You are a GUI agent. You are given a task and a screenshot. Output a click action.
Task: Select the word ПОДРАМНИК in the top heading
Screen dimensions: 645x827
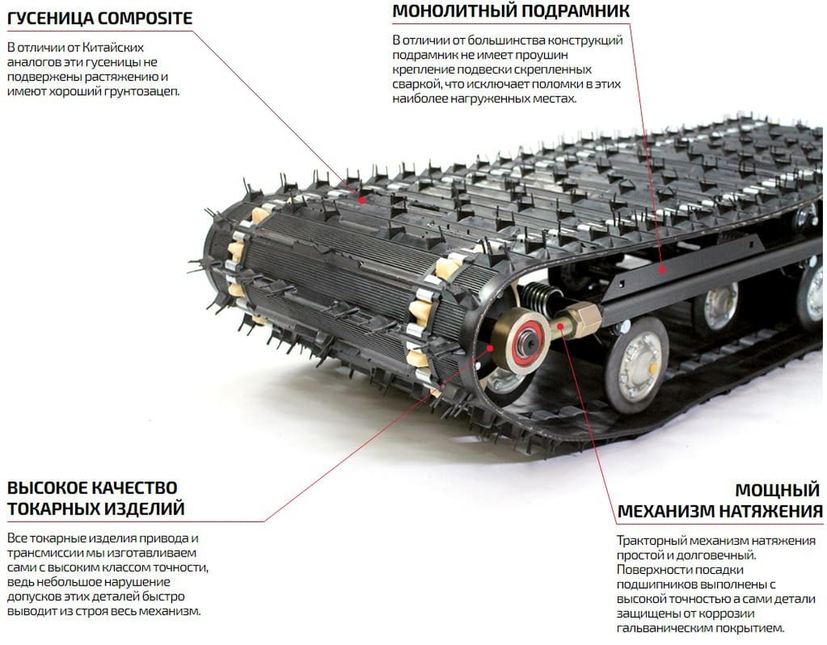576,11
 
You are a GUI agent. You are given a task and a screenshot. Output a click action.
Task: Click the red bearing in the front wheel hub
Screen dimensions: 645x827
526,345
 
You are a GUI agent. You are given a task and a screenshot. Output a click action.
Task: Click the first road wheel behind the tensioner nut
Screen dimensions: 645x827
637,364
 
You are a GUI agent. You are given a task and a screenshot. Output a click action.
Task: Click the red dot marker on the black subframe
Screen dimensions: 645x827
662,269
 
